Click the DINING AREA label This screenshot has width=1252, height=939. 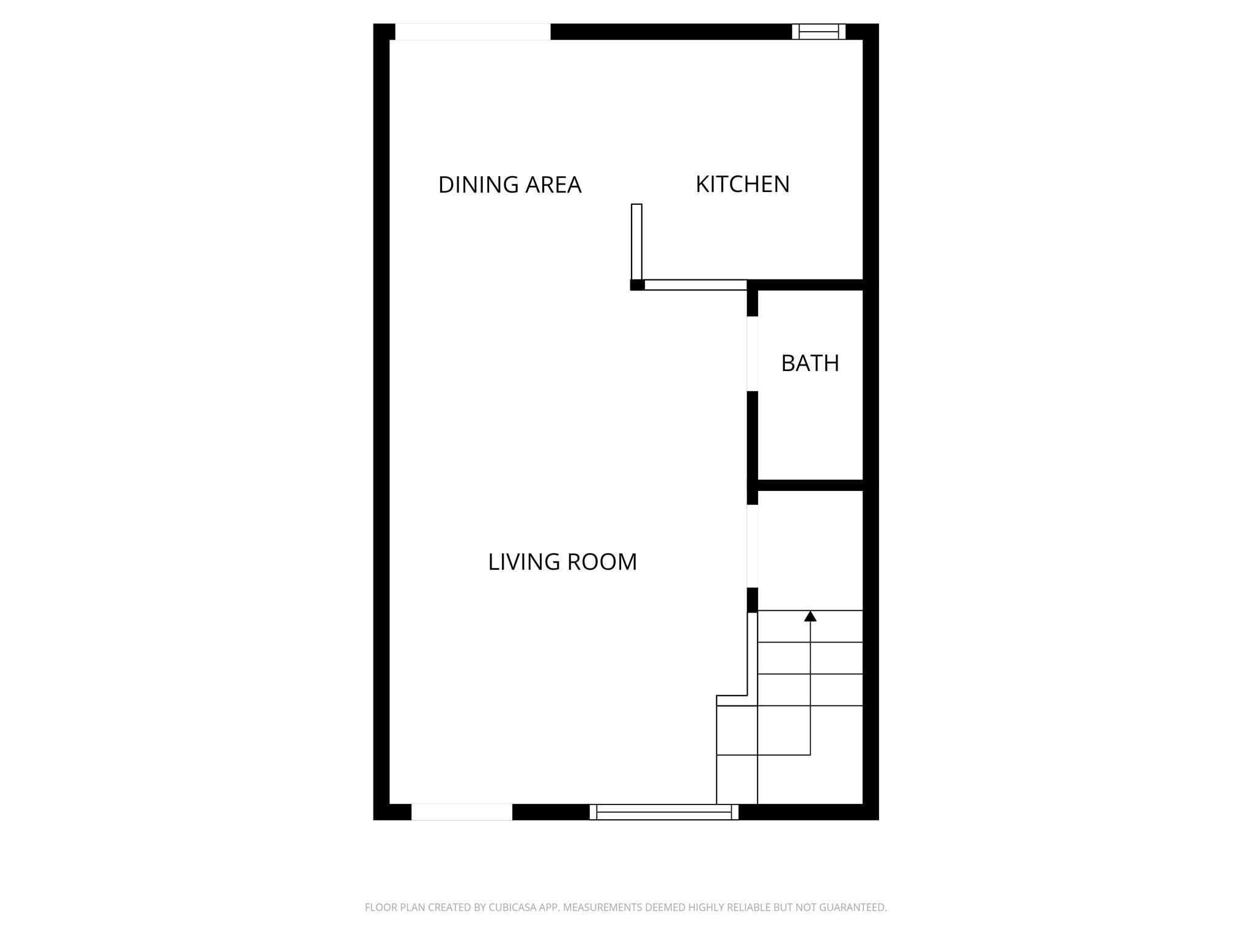[x=509, y=185]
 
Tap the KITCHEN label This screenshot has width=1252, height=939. [x=742, y=184]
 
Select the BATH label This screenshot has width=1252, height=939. [x=810, y=363]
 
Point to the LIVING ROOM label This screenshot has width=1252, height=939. [x=562, y=562]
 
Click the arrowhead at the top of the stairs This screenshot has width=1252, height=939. [x=810, y=616]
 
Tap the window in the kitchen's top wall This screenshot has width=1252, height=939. [x=819, y=32]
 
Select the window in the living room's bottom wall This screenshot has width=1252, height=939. [x=664, y=812]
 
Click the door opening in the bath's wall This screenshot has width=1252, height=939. [x=753, y=354]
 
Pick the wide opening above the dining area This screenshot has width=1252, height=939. [x=473, y=32]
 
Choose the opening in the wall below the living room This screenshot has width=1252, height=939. [x=462, y=812]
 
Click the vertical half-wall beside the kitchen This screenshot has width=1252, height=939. [x=636, y=241]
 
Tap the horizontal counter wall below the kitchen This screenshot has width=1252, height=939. [x=695, y=285]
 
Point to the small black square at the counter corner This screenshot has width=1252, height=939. [x=637, y=285]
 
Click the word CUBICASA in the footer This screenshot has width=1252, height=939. [x=512, y=907]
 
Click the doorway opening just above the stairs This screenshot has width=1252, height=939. [x=753, y=546]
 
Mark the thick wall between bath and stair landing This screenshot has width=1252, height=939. [x=810, y=485]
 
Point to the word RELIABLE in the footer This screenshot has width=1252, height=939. [x=749, y=907]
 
